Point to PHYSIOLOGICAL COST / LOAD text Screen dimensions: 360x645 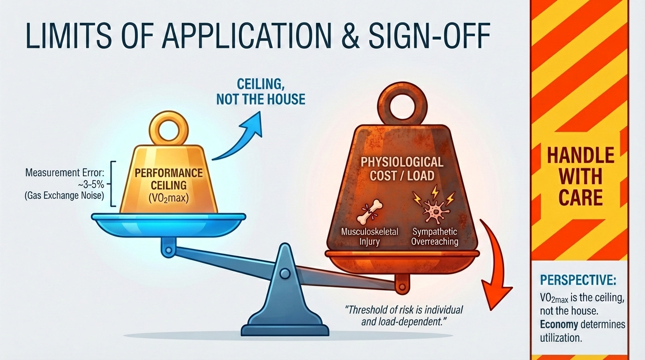click(x=402, y=169)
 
